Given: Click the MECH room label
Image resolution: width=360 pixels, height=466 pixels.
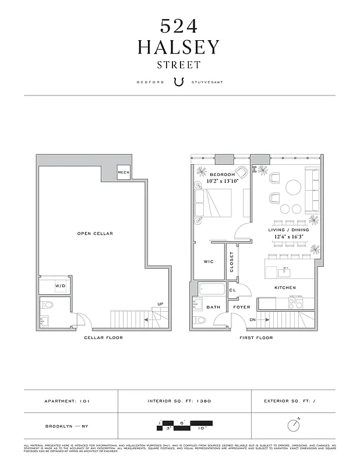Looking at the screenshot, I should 123,172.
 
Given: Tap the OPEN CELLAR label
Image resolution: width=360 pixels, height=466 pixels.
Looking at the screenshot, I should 95,234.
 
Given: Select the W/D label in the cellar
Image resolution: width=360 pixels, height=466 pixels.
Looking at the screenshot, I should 60,286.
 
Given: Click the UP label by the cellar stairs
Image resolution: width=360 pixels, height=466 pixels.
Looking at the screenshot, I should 160,303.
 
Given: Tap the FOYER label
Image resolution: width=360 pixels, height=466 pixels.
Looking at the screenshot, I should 242,307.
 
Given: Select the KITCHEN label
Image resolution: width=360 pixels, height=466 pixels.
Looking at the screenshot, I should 285,288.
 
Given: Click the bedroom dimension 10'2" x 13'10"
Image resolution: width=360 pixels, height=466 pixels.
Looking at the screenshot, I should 222,181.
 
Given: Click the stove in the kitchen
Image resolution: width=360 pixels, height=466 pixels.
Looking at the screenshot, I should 297,303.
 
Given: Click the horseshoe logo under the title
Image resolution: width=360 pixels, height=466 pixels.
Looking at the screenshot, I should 179,82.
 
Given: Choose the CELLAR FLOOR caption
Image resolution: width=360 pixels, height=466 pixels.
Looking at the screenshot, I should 103,338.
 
